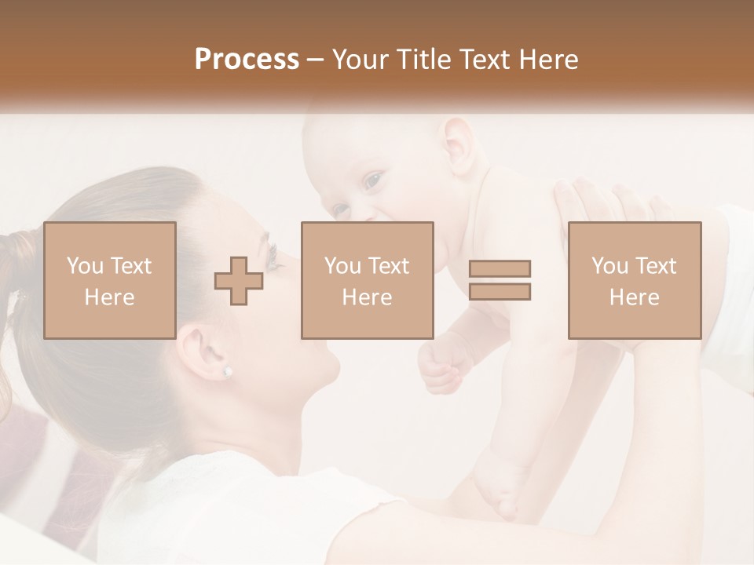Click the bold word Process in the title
click(x=247, y=60)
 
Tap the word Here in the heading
click(x=549, y=60)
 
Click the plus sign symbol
click(x=239, y=281)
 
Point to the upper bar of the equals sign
click(x=500, y=269)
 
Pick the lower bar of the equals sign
click(x=500, y=291)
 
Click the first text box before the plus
click(x=110, y=280)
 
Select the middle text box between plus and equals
click(x=368, y=280)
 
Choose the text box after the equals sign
click(x=635, y=280)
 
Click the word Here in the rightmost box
click(x=635, y=297)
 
